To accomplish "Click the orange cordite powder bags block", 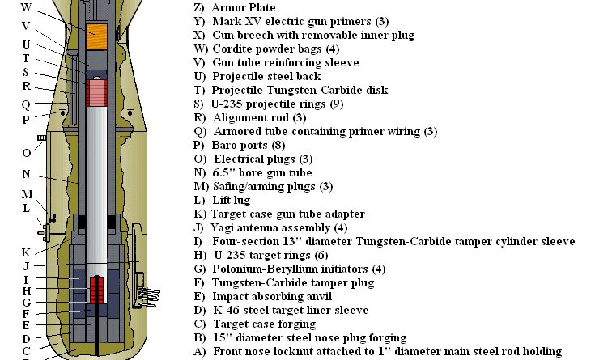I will tap(100, 36).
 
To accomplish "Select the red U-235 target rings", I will tap(99, 290).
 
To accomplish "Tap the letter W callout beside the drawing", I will tap(26, 6).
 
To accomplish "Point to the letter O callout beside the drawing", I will tap(27, 151).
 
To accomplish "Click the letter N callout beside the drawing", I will tap(27, 173).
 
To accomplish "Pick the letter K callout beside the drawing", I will tap(26, 252).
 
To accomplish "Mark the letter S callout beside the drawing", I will tap(27, 72).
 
